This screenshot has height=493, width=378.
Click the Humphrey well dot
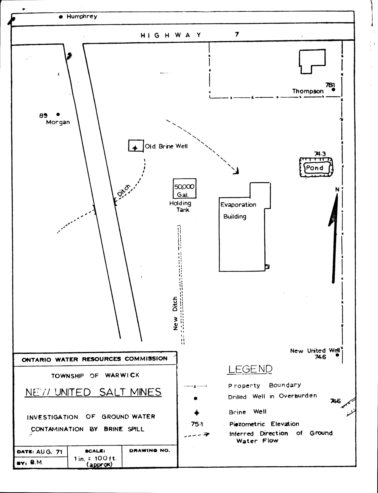coord(61,17)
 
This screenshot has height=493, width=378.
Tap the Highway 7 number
coord(237,34)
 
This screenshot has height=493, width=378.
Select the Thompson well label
coord(308,91)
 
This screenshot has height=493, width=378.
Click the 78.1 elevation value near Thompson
coord(330,85)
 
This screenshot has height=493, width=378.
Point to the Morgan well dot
coord(58,114)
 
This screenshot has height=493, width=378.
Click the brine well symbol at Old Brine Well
coord(135,148)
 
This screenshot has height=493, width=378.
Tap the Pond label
coord(315,168)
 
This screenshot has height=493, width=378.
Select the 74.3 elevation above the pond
coord(320,154)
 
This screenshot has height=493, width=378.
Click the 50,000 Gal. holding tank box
coord(185,189)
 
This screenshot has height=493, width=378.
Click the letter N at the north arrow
coord(337,190)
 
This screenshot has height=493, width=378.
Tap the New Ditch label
coord(175,313)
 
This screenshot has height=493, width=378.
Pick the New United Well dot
coord(337,355)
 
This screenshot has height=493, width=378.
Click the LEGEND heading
coord(250,369)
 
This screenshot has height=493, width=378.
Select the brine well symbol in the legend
coord(196,413)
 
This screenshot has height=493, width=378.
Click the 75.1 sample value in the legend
coord(197,424)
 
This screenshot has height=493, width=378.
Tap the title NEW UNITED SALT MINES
coord(93,392)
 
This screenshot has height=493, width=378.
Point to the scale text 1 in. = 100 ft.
coord(95,458)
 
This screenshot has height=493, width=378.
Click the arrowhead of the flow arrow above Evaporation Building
coord(237,172)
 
